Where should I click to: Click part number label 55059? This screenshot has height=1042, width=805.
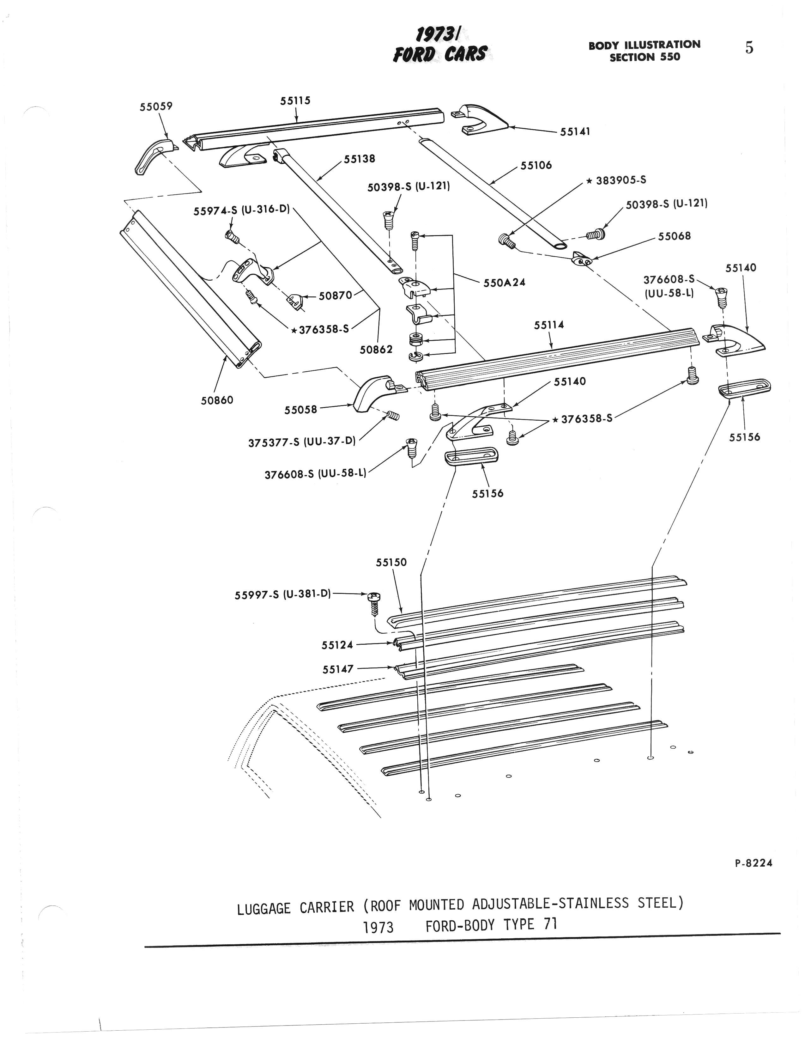click(x=156, y=107)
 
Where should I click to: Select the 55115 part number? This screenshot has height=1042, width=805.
click(x=295, y=101)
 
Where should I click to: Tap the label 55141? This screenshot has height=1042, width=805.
click(x=575, y=132)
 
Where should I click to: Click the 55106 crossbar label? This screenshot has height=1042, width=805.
click(x=536, y=166)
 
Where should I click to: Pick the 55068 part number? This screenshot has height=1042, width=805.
click(x=674, y=236)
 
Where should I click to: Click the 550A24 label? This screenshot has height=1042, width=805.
click(x=505, y=283)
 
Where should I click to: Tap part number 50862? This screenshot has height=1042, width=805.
click(x=376, y=350)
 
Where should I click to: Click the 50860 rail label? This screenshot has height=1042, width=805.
click(x=217, y=400)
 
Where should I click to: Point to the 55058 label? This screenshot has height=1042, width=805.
click(x=300, y=410)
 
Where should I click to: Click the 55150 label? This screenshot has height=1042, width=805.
click(x=391, y=563)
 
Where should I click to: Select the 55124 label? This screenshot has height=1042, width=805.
click(x=337, y=645)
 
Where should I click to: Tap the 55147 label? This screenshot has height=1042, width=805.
click(x=338, y=669)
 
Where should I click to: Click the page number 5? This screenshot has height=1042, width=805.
click(x=749, y=48)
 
